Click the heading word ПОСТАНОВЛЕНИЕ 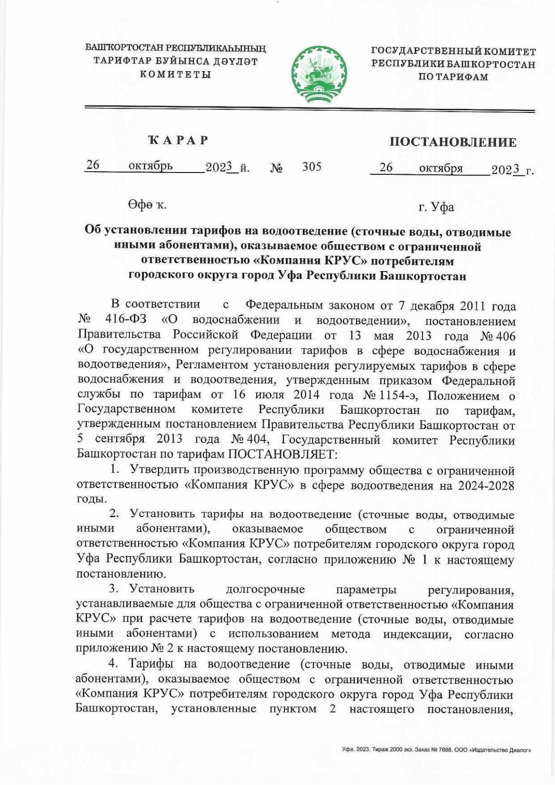[453, 142]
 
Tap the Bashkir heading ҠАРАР [179, 140]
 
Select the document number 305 [312, 167]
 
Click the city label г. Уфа [436, 207]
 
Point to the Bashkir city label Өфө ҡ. [147, 205]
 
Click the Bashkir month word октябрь [151, 166]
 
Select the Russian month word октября [441, 168]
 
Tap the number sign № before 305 [276, 168]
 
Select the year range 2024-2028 [486, 485]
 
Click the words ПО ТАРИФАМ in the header [453, 77]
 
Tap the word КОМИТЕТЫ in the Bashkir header [176, 74]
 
